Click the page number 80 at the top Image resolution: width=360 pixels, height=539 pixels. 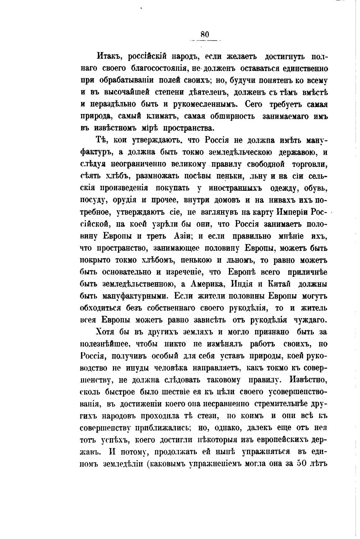205,34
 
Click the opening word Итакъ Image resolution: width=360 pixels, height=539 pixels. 108,57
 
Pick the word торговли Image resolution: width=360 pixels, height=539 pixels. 309,164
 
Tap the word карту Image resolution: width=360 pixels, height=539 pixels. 263,212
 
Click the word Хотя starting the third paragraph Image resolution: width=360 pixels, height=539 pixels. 107,332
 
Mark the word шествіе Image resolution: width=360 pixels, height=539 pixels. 174,392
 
